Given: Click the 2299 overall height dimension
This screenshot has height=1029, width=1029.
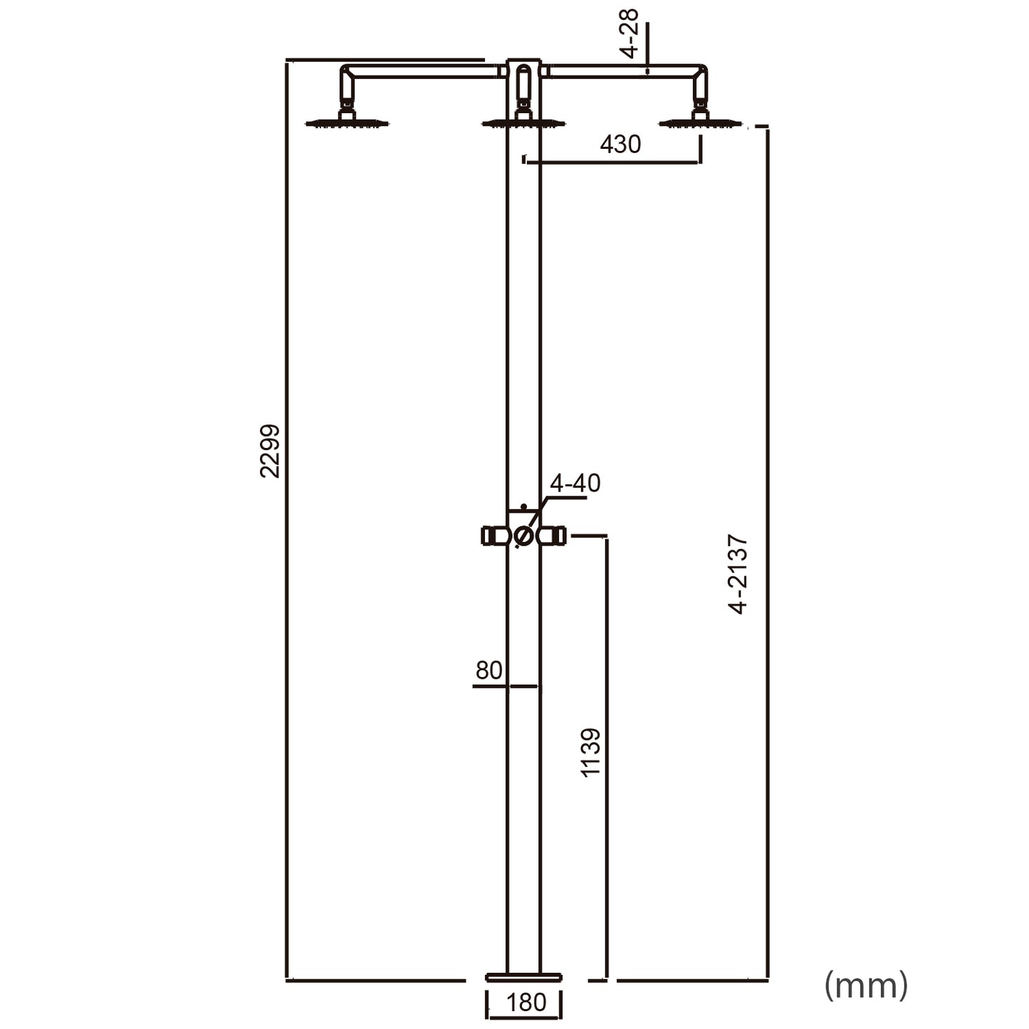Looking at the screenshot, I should (x=270, y=451).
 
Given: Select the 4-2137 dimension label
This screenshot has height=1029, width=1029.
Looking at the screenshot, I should (x=738, y=574).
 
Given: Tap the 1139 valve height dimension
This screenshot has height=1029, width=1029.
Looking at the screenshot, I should (x=590, y=752).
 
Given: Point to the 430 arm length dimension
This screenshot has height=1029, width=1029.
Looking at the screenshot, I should (x=620, y=145).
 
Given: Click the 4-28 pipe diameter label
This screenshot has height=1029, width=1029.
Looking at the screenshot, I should (x=630, y=33).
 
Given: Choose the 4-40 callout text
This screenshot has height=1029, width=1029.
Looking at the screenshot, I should (x=575, y=484).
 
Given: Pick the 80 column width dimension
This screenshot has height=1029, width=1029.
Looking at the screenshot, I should (x=489, y=671).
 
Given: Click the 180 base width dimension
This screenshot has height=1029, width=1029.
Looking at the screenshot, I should (x=526, y=1003).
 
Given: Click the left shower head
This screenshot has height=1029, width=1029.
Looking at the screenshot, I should (x=347, y=123).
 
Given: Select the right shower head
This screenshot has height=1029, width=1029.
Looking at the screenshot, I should (x=700, y=123).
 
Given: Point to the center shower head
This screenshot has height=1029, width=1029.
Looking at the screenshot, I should (x=523, y=123).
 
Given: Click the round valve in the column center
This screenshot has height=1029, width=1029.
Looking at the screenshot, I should (x=523, y=536).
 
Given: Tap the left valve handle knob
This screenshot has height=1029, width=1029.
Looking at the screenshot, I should (x=491, y=536).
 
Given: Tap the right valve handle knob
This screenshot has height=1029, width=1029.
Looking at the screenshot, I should (x=556, y=536).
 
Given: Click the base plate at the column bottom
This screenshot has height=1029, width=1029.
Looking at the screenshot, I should (x=523, y=977).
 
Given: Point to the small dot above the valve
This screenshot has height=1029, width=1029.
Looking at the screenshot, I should (x=523, y=506).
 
